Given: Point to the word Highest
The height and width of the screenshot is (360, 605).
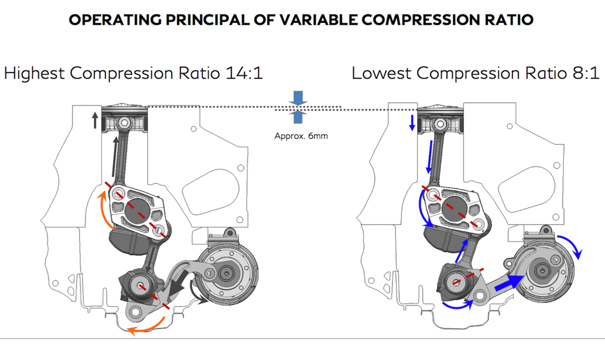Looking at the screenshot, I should (35, 73).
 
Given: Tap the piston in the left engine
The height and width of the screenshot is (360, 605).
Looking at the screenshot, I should (124, 119).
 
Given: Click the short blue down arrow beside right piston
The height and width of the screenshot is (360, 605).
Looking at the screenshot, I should (412, 122).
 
